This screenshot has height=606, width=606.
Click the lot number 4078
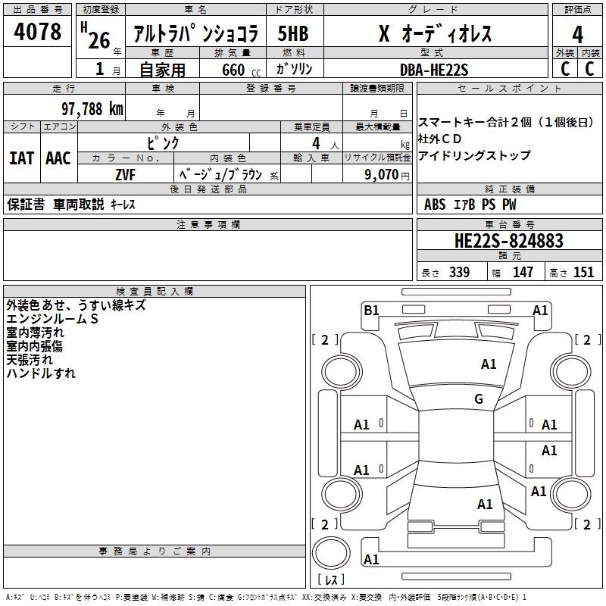(x=37, y=31)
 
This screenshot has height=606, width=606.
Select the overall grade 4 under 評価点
(x=577, y=35)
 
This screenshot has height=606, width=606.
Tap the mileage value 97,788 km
(x=92, y=109)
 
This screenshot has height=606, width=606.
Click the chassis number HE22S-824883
(x=509, y=241)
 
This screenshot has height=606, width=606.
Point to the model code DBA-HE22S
(x=434, y=70)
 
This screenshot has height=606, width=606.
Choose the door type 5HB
(x=293, y=33)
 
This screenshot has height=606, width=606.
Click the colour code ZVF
(x=125, y=175)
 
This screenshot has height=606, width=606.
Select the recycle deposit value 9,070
(x=382, y=175)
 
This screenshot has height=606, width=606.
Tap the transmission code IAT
(x=22, y=158)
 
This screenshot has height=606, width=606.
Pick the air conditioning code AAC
(x=58, y=158)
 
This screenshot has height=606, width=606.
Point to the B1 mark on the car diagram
(x=371, y=311)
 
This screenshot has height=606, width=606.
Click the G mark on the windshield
(x=479, y=399)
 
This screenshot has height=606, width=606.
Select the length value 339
(x=460, y=272)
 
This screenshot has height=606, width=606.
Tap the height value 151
(x=583, y=272)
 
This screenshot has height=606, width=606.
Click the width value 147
(x=523, y=272)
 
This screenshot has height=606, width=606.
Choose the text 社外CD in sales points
(x=439, y=139)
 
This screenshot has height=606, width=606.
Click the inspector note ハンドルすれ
(x=41, y=373)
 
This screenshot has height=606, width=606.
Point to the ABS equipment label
(x=435, y=205)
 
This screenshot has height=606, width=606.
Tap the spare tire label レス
(x=331, y=579)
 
